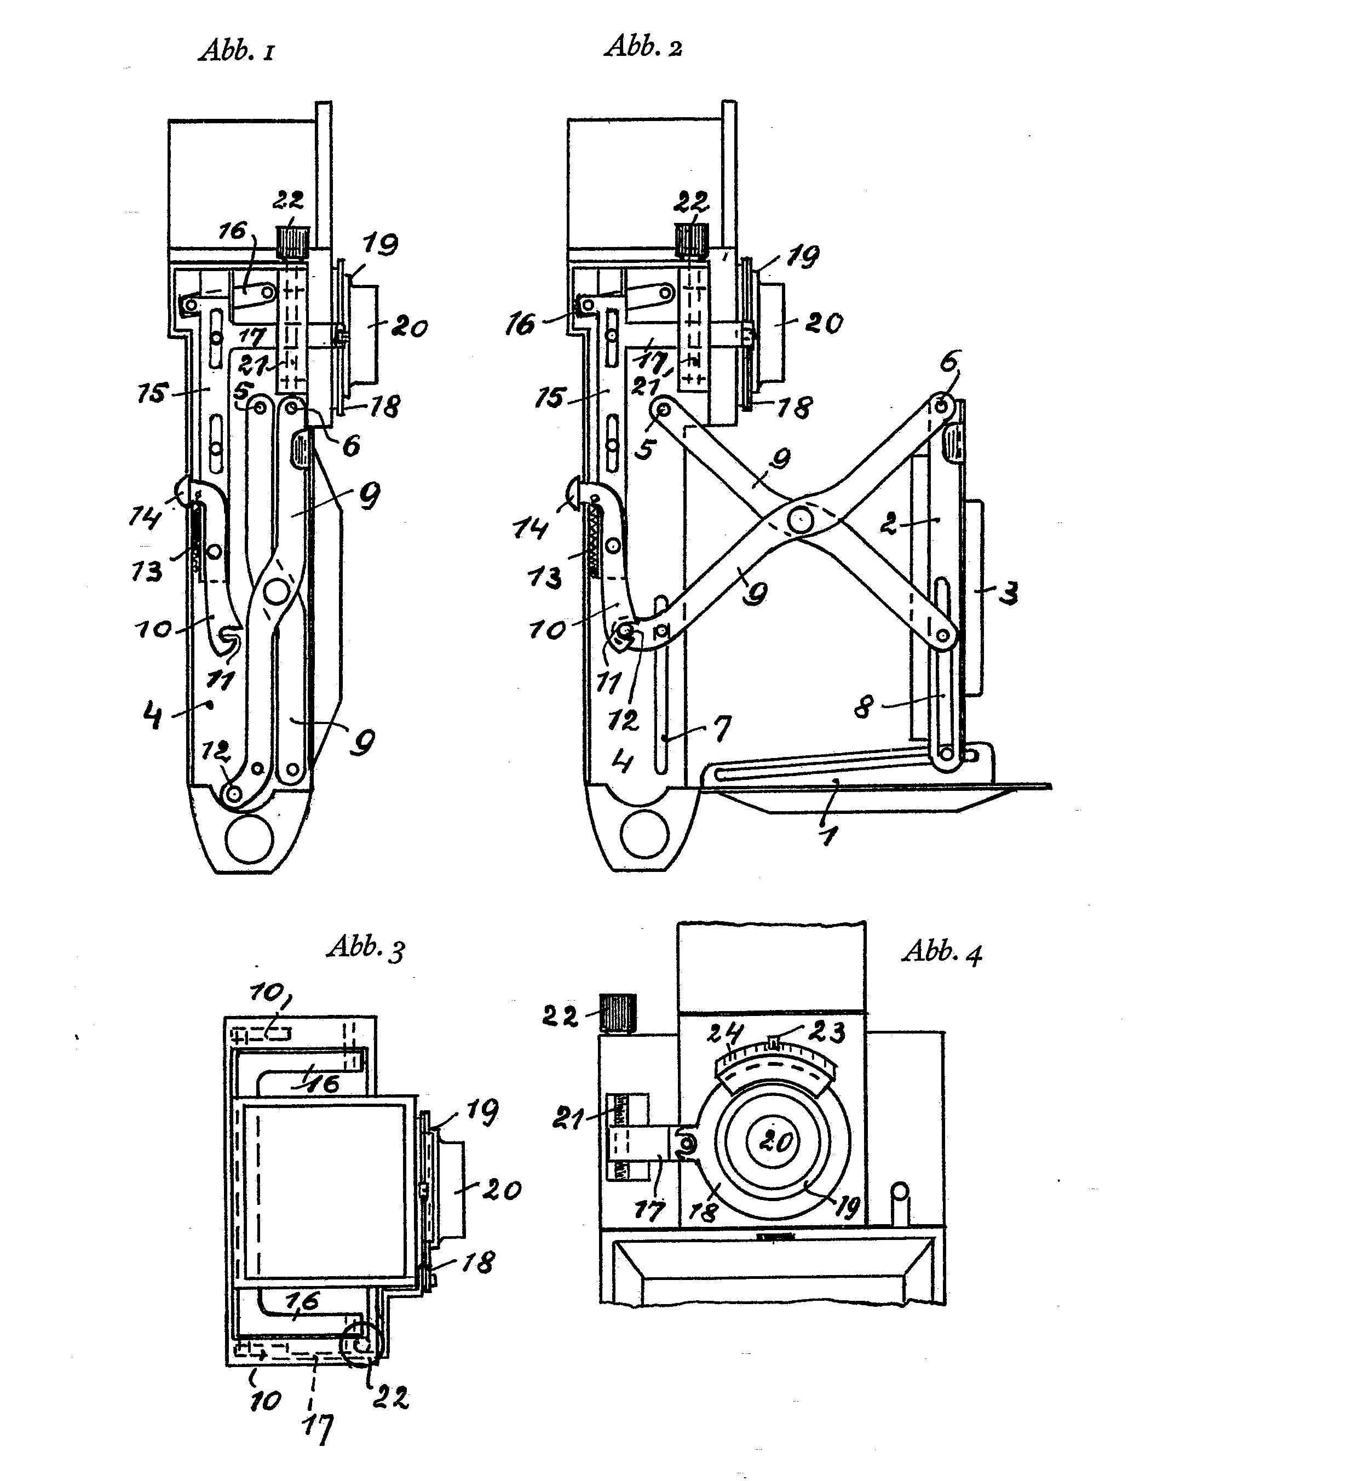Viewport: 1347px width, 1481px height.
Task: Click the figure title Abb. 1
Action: tap(237, 50)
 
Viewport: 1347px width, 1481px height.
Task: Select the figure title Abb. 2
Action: tap(643, 45)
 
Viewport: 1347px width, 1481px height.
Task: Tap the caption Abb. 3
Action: tap(366, 948)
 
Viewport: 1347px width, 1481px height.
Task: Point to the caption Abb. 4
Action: tap(942, 952)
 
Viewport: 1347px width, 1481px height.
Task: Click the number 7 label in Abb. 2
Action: tap(722, 729)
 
